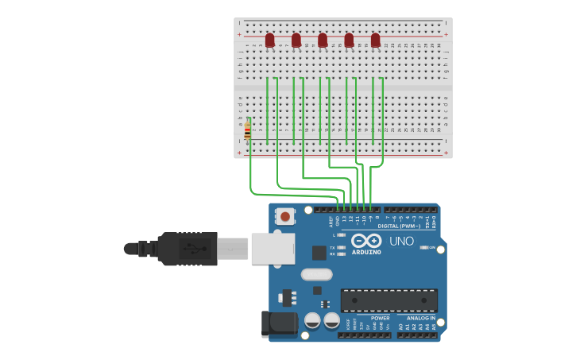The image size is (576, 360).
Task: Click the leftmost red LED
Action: [x=269, y=39]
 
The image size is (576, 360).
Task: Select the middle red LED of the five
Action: [x=323, y=39]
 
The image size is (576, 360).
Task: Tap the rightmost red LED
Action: [x=375, y=39]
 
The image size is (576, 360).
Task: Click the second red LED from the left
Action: [x=296, y=39]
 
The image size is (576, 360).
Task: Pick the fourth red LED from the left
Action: [x=349, y=39]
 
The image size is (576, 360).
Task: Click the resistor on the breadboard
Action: [x=248, y=131]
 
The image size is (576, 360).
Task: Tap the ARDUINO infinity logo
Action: [x=366, y=240]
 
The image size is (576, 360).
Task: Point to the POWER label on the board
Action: [x=380, y=318]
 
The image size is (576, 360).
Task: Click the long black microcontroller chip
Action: [x=389, y=300]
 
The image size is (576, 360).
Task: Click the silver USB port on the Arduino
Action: [x=273, y=248]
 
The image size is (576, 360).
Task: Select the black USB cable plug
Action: [x=187, y=249]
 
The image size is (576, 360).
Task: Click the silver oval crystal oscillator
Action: [x=316, y=275]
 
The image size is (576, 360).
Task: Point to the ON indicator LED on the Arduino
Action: [x=423, y=248]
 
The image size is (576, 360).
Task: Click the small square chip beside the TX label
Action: [x=319, y=253]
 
